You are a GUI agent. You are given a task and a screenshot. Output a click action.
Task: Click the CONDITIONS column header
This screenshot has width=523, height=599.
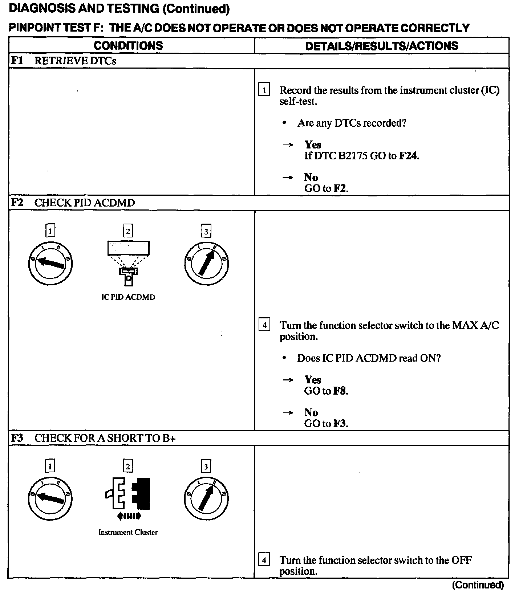[128, 46]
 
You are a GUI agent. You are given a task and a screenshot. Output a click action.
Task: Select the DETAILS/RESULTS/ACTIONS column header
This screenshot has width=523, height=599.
[381, 46]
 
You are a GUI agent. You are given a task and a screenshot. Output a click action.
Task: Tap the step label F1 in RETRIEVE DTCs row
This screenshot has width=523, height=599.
[17, 61]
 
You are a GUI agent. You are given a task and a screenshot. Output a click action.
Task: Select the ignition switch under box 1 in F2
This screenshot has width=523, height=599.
[50, 263]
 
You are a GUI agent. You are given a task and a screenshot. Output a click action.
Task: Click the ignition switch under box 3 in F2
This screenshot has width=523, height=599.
[206, 263]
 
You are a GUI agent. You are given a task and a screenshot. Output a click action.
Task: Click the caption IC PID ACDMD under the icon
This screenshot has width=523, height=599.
[128, 297]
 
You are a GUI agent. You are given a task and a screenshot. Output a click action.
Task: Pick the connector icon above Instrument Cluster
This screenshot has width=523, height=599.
[128, 496]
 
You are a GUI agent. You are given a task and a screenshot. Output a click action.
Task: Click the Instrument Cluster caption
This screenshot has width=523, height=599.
[128, 533]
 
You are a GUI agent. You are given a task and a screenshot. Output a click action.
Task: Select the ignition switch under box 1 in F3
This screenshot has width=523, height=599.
[50, 498]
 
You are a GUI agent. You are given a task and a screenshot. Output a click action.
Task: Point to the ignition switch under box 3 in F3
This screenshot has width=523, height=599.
[206, 498]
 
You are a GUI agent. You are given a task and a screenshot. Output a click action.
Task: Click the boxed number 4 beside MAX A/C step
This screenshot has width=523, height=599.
[264, 325]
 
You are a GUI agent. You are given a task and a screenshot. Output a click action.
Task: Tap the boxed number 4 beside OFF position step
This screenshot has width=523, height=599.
[264, 560]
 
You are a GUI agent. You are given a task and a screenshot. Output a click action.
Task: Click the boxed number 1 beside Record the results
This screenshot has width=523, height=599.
[264, 90]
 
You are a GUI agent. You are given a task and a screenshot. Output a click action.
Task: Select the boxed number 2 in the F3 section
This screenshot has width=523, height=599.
[128, 466]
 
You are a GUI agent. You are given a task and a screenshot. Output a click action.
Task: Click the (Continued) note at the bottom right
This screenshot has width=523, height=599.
[478, 585]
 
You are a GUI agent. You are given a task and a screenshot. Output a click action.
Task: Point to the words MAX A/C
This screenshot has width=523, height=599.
[475, 325]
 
